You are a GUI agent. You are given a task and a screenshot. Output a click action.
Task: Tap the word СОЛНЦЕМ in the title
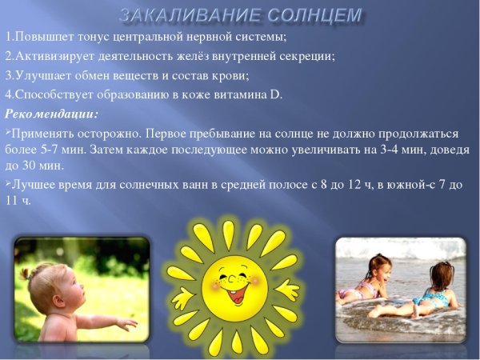click(x=314, y=14)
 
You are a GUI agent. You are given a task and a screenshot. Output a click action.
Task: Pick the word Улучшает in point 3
click(x=38, y=75)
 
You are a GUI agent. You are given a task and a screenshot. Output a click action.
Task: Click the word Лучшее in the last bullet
click(x=33, y=185)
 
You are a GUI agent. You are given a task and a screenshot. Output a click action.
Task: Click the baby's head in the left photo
click(x=46, y=284)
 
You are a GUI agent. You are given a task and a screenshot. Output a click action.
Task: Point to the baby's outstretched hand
click(x=127, y=323)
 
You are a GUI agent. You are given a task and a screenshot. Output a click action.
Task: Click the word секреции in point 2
click(x=306, y=56)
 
